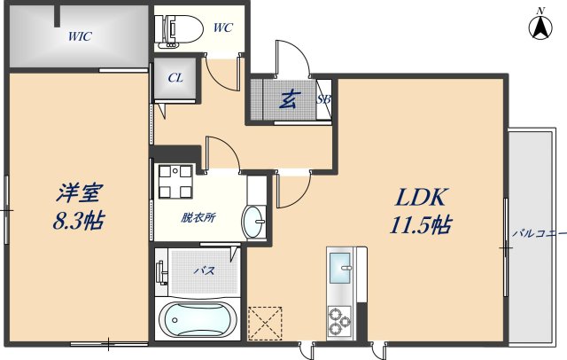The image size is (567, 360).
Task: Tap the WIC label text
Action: [x=81, y=36]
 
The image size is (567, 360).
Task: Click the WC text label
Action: [x=222, y=27]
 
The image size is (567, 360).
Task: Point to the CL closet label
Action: [x=175, y=77]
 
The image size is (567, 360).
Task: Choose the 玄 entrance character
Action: [x=289, y=99]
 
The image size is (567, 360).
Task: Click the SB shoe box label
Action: [x=323, y=99]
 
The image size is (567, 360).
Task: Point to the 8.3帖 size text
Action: [x=79, y=221]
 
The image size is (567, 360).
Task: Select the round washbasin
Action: [x=254, y=216]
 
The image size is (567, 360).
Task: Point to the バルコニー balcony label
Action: [x=539, y=234]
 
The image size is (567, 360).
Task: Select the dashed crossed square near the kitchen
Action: [x=266, y=322]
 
